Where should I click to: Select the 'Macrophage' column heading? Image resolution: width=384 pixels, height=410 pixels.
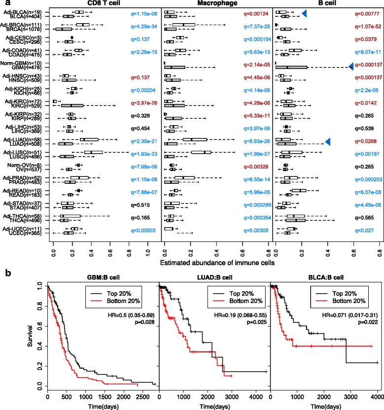pyautogui.click(x=217, y=4)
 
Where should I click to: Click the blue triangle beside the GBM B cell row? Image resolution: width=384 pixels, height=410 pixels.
pyautogui.click(x=351, y=66)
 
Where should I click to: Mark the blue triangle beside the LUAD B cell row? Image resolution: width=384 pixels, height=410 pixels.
pyautogui.click(x=327, y=142)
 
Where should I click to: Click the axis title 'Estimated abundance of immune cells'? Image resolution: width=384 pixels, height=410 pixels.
pyautogui.click(x=218, y=263)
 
